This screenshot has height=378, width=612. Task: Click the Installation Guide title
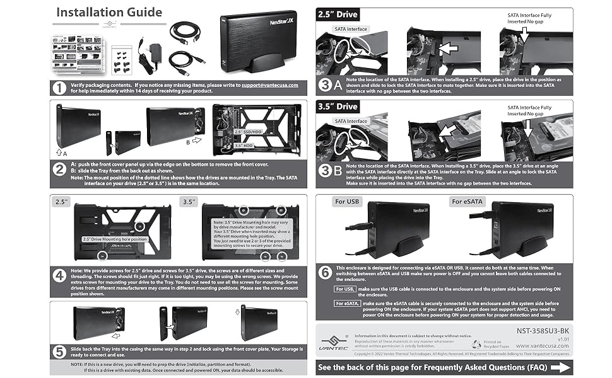click(x=109, y=12)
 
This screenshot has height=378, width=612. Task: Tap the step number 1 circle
click(x=60, y=88)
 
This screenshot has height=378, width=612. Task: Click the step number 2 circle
click(x=60, y=169)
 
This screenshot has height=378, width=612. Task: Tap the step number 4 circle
click(x=60, y=275)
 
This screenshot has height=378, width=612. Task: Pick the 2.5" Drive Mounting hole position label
click(x=115, y=239)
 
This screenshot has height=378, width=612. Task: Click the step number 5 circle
click(x=60, y=350)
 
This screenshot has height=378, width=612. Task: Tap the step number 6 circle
click(x=325, y=273)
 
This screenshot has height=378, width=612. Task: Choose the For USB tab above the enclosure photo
click(x=349, y=202)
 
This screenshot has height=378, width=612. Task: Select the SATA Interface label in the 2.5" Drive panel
click(x=351, y=29)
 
